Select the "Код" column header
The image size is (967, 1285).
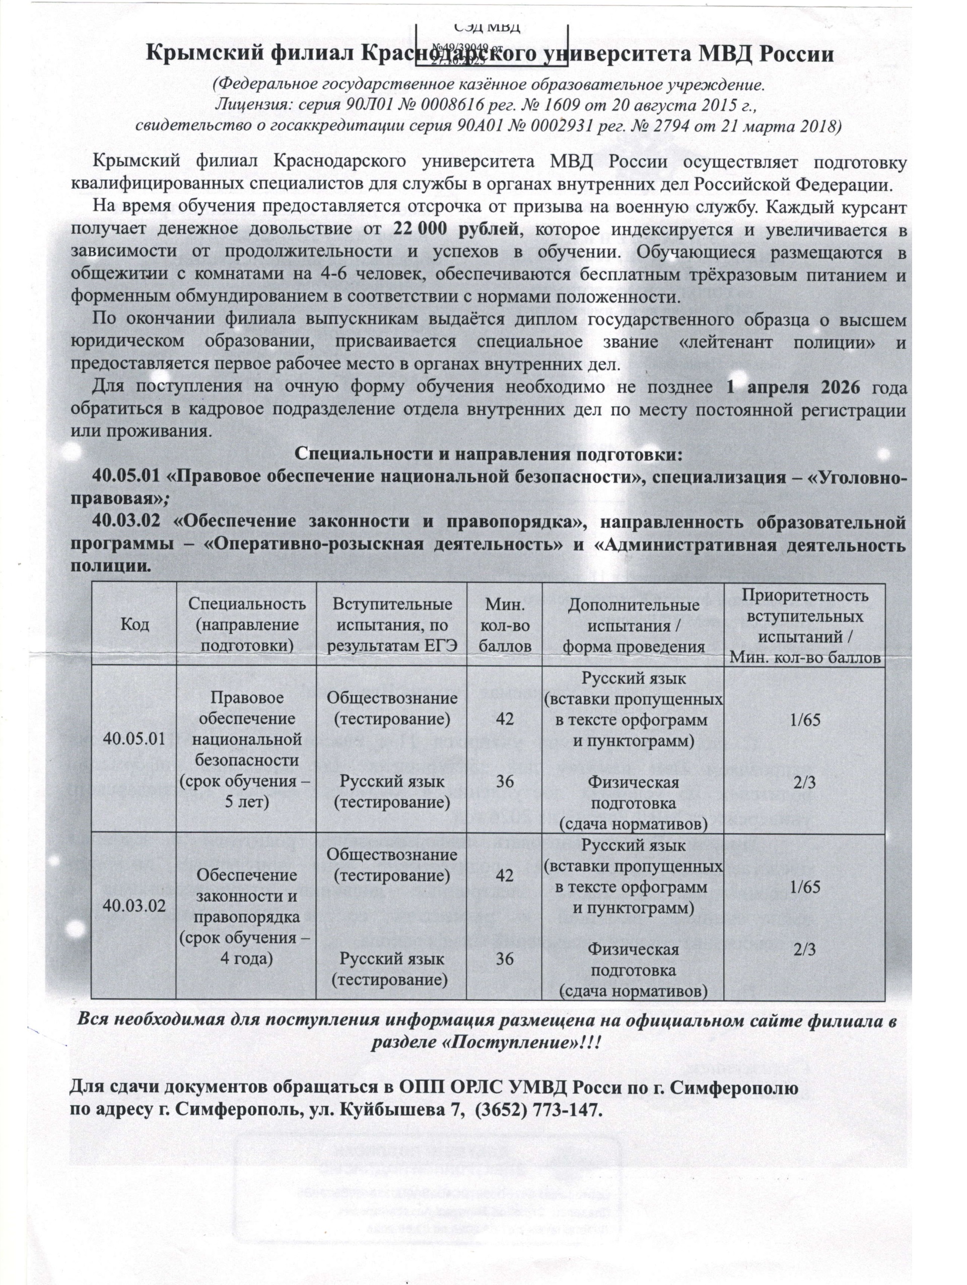134,625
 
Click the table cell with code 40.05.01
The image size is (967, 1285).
134,739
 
